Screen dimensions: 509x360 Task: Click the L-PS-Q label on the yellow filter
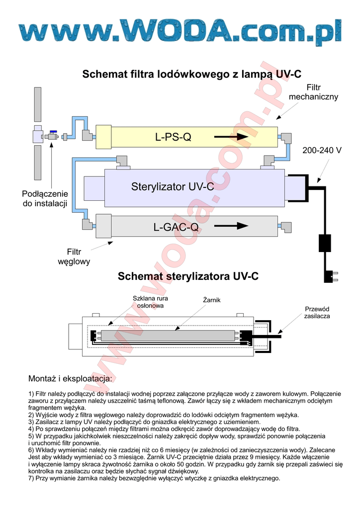(x=173, y=137)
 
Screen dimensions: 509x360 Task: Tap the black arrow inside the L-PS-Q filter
(x=232, y=137)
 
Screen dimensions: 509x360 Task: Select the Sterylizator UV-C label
(x=173, y=187)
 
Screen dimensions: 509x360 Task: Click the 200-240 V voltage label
(x=322, y=150)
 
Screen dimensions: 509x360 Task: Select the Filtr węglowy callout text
(x=74, y=256)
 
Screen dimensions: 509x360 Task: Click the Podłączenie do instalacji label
(x=45, y=198)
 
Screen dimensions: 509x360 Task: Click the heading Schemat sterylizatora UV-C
(x=188, y=276)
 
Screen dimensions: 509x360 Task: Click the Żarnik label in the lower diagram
(x=211, y=300)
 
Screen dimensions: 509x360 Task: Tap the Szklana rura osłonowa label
(x=150, y=302)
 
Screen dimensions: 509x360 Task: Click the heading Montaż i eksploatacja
(x=70, y=379)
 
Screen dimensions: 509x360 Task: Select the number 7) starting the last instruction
(x=31, y=479)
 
